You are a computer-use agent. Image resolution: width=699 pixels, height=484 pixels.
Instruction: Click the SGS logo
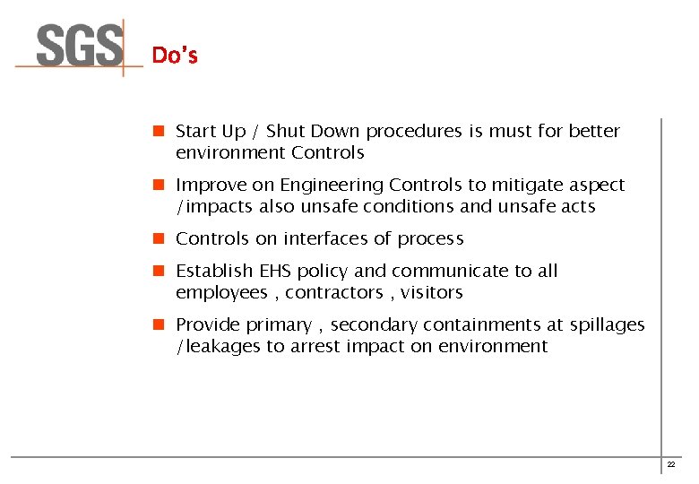pyautogui.click(x=80, y=46)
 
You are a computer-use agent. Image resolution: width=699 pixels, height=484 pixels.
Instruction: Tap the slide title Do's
pyautogui.click(x=175, y=56)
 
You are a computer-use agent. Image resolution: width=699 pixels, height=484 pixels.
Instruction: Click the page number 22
pyautogui.click(x=670, y=464)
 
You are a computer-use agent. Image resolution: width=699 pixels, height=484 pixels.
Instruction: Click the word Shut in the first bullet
pyautogui.click(x=287, y=132)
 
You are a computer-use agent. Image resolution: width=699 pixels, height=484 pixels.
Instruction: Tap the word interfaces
pyautogui.click(x=325, y=239)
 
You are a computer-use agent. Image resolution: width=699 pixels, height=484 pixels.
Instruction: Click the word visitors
pyautogui.click(x=432, y=293)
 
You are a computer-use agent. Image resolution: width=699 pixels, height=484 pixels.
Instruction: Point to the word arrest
pyautogui.click(x=316, y=347)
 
